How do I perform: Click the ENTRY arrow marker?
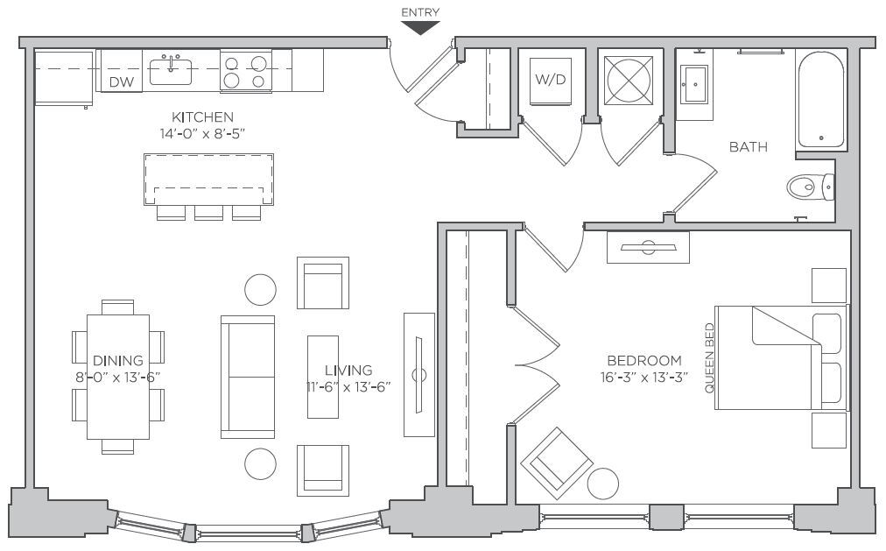click(420, 27)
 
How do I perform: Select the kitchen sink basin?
click(171, 71)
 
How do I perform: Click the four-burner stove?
click(245, 71)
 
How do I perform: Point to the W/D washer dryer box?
click(550, 80)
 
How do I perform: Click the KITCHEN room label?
click(202, 117)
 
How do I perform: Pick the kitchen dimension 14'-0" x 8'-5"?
click(202, 134)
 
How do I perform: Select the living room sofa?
click(248, 377)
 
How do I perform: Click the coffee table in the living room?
click(322, 377)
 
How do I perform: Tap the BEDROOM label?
click(644, 360)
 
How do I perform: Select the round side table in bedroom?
click(603, 484)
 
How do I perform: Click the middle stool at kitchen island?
click(209, 213)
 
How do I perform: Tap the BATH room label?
click(749, 147)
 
